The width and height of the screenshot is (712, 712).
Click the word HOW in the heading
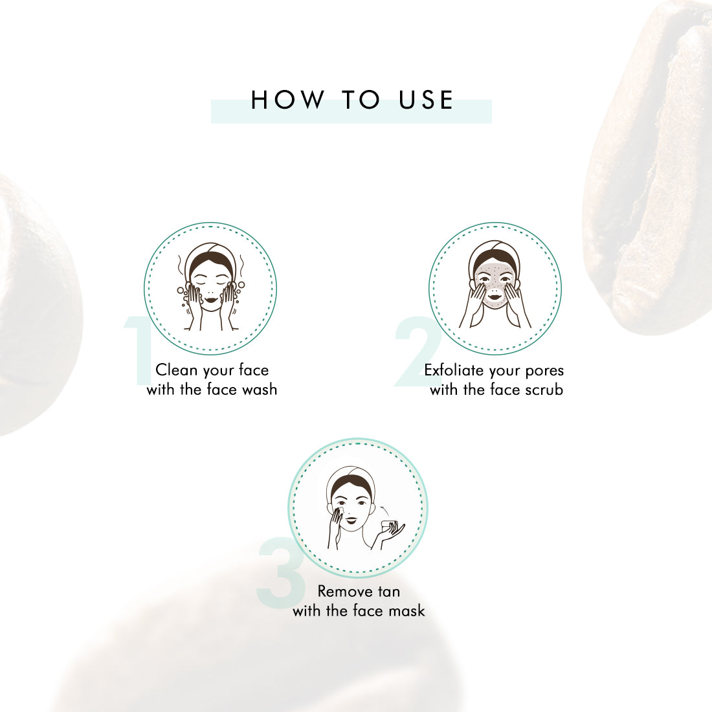(x=287, y=100)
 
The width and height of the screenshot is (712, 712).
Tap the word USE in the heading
(x=426, y=100)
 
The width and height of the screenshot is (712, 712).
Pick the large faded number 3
(x=281, y=572)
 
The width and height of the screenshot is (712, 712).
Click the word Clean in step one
(x=177, y=370)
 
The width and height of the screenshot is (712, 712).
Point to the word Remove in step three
(x=346, y=591)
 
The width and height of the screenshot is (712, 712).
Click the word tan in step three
(x=389, y=592)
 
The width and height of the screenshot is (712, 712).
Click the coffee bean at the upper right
(x=649, y=168)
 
